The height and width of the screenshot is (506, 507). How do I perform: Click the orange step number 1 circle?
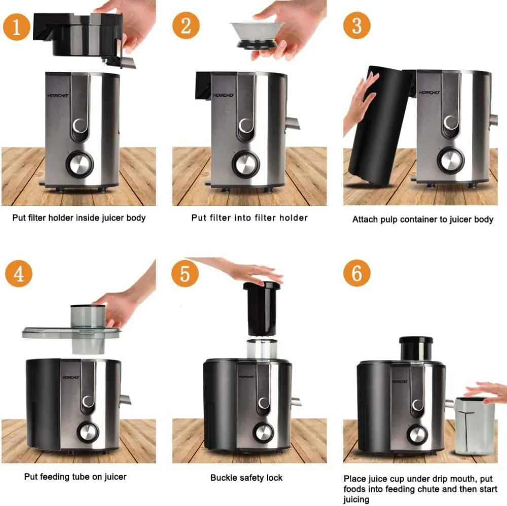coord(17,27)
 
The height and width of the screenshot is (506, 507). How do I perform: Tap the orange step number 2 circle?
coord(186,25)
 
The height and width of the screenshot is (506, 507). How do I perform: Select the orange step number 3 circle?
coord(356,25)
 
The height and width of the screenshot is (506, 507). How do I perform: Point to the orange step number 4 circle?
coord(19,274)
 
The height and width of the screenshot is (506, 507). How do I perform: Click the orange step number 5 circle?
coord(185,273)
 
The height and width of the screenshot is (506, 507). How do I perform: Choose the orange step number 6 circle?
coord(356,273)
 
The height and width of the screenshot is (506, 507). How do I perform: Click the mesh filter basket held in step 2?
coord(257,35)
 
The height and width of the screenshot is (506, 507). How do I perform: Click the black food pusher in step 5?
coord(262,308)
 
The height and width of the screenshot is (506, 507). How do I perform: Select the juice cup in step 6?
coord(475,426)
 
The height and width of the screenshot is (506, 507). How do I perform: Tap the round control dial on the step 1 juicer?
coord(80,164)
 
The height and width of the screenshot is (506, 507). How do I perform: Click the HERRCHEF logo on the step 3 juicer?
coord(429,93)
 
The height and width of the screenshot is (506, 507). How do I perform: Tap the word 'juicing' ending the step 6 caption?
coord(356,499)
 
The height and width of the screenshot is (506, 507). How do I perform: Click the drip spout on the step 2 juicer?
coord(293,124)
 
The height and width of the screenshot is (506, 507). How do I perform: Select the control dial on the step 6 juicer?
coord(417,435)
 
